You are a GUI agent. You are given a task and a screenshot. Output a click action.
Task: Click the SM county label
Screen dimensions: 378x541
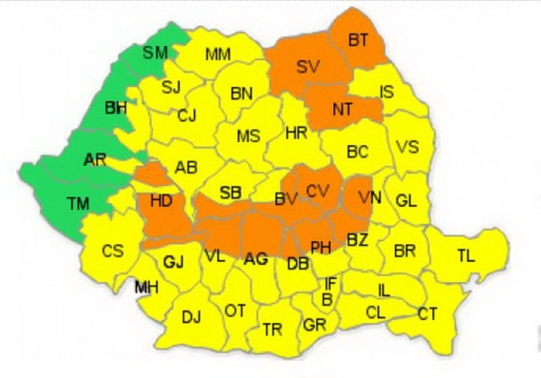tap(155, 52)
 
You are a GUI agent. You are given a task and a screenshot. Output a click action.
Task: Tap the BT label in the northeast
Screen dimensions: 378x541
tap(358, 40)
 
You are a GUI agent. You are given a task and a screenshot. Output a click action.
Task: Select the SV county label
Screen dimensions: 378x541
tap(308, 66)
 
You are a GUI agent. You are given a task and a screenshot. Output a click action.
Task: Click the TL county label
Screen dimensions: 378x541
tap(466, 255)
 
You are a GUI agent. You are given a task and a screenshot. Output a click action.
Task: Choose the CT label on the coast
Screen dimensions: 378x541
tap(427, 314)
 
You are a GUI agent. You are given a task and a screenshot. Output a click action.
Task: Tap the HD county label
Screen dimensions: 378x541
tap(161, 201)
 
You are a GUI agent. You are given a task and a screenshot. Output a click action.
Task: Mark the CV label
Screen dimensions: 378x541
tap(317, 191)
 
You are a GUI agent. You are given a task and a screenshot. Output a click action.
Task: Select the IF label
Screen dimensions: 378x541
tap(331, 283)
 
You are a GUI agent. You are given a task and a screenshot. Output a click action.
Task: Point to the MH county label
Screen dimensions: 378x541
tap(146, 287)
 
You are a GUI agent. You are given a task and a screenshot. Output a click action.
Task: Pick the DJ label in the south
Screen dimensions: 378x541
tap(191, 317)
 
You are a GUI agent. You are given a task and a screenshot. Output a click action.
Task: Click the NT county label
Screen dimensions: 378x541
tap(342, 109)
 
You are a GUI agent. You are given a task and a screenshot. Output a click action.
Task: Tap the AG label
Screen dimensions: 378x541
tap(255, 259)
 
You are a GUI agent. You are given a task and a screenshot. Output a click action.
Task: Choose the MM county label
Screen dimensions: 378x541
tap(218, 54)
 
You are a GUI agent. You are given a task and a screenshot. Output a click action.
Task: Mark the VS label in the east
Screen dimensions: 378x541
tap(407, 146)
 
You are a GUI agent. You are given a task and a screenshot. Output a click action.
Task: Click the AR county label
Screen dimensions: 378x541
tap(95, 159)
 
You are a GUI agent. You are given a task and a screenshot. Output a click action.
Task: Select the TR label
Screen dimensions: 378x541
tap(272, 329)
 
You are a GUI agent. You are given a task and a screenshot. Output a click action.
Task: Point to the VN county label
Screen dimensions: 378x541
tap(368, 197)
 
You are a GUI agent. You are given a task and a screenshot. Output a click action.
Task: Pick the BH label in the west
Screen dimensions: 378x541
tap(116, 108)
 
